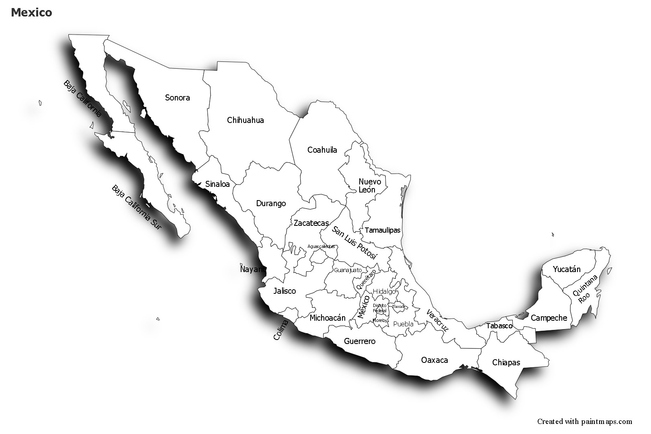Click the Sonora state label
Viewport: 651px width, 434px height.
pos(177,98)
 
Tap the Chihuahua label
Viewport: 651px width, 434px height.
pos(245,120)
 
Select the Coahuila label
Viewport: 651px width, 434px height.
pos(322,150)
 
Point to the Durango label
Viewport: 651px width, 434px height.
pos(271,203)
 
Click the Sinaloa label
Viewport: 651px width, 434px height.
pos(217,184)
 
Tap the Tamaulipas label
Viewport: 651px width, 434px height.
pos(383,230)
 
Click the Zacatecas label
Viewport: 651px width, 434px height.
pos(311,223)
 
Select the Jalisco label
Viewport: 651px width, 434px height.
pos(285,291)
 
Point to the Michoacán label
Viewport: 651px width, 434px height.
pos(328,318)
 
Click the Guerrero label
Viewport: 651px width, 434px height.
pos(360,341)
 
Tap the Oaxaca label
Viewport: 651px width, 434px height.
pos(434,360)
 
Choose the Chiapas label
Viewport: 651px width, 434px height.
pos(506,362)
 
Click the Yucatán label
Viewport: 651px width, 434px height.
pos(567,269)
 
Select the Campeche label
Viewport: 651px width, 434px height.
pos(549,318)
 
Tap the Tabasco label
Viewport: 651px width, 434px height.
pos(499,326)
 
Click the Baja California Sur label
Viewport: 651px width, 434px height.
pos(137,207)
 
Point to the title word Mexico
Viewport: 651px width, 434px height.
pos(31,12)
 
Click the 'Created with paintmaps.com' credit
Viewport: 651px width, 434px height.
pos(585,422)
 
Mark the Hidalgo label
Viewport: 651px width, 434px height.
pos(384,291)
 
